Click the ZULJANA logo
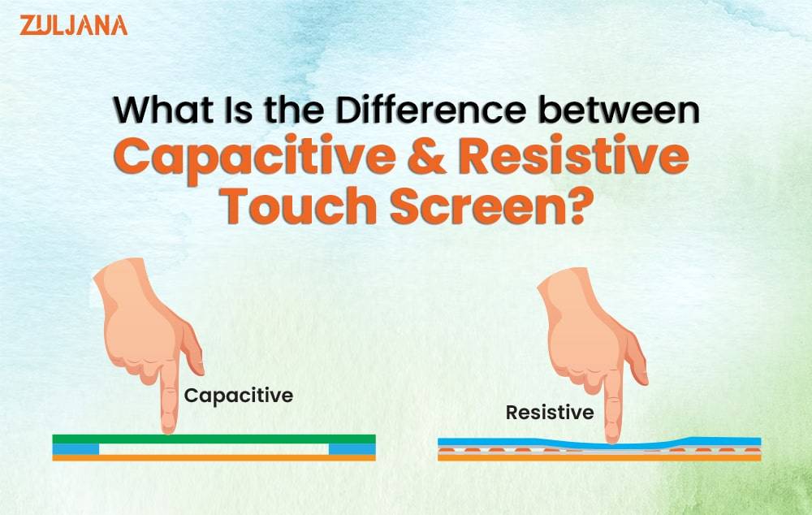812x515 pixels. pyautogui.click(x=73, y=24)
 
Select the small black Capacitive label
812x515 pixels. pyautogui.click(x=238, y=396)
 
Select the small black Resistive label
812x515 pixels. pyautogui.click(x=550, y=413)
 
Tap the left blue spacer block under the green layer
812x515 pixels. pyautogui.click(x=76, y=448)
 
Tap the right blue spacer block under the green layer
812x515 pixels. pyautogui.click(x=352, y=448)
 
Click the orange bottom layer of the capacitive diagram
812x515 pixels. pyautogui.click(x=214, y=458)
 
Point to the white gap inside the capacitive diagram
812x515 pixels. pyautogui.click(x=214, y=448)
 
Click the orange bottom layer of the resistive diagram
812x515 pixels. pyautogui.click(x=599, y=458)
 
